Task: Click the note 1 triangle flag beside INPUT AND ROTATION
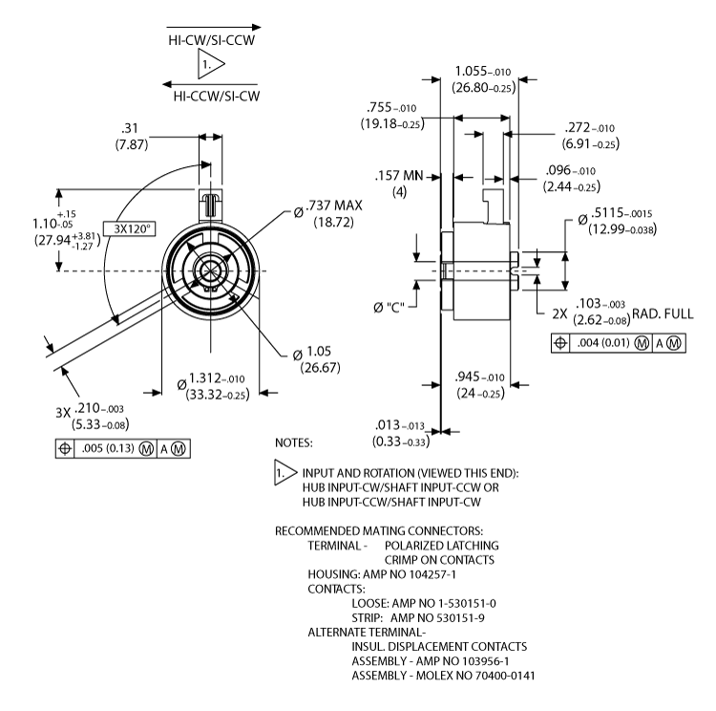pos(283,474)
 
